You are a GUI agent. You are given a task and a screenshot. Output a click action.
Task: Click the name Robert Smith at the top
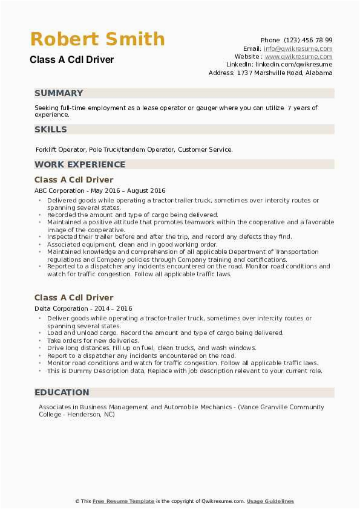pyautogui.click(x=97, y=39)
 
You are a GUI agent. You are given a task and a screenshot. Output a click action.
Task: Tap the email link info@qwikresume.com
pyautogui.click(x=298, y=48)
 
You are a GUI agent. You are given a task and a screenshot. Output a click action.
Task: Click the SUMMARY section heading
pyautogui.click(x=59, y=93)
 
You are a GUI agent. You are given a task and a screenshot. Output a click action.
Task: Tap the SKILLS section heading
pyautogui.click(x=51, y=129)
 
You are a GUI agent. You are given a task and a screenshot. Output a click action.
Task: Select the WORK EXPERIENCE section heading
pyautogui.click(x=80, y=164)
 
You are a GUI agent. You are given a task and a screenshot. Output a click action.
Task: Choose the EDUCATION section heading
pyautogui.click(x=62, y=392)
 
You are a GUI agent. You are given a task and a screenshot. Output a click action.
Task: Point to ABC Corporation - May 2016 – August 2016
pyautogui.click(x=100, y=190)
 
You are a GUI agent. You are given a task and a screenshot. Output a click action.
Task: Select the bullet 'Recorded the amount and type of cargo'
pyautogui.click(x=132, y=215)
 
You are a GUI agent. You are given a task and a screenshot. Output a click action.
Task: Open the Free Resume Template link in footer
pyautogui.click(x=123, y=501)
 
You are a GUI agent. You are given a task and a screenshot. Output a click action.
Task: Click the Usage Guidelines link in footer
pyautogui.click(x=270, y=501)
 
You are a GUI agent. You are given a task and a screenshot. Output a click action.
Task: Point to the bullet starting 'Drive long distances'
pyautogui.click(x=151, y=348)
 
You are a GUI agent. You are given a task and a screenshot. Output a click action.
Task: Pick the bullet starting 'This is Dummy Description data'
pyautogui.click(x=185, y=371)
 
